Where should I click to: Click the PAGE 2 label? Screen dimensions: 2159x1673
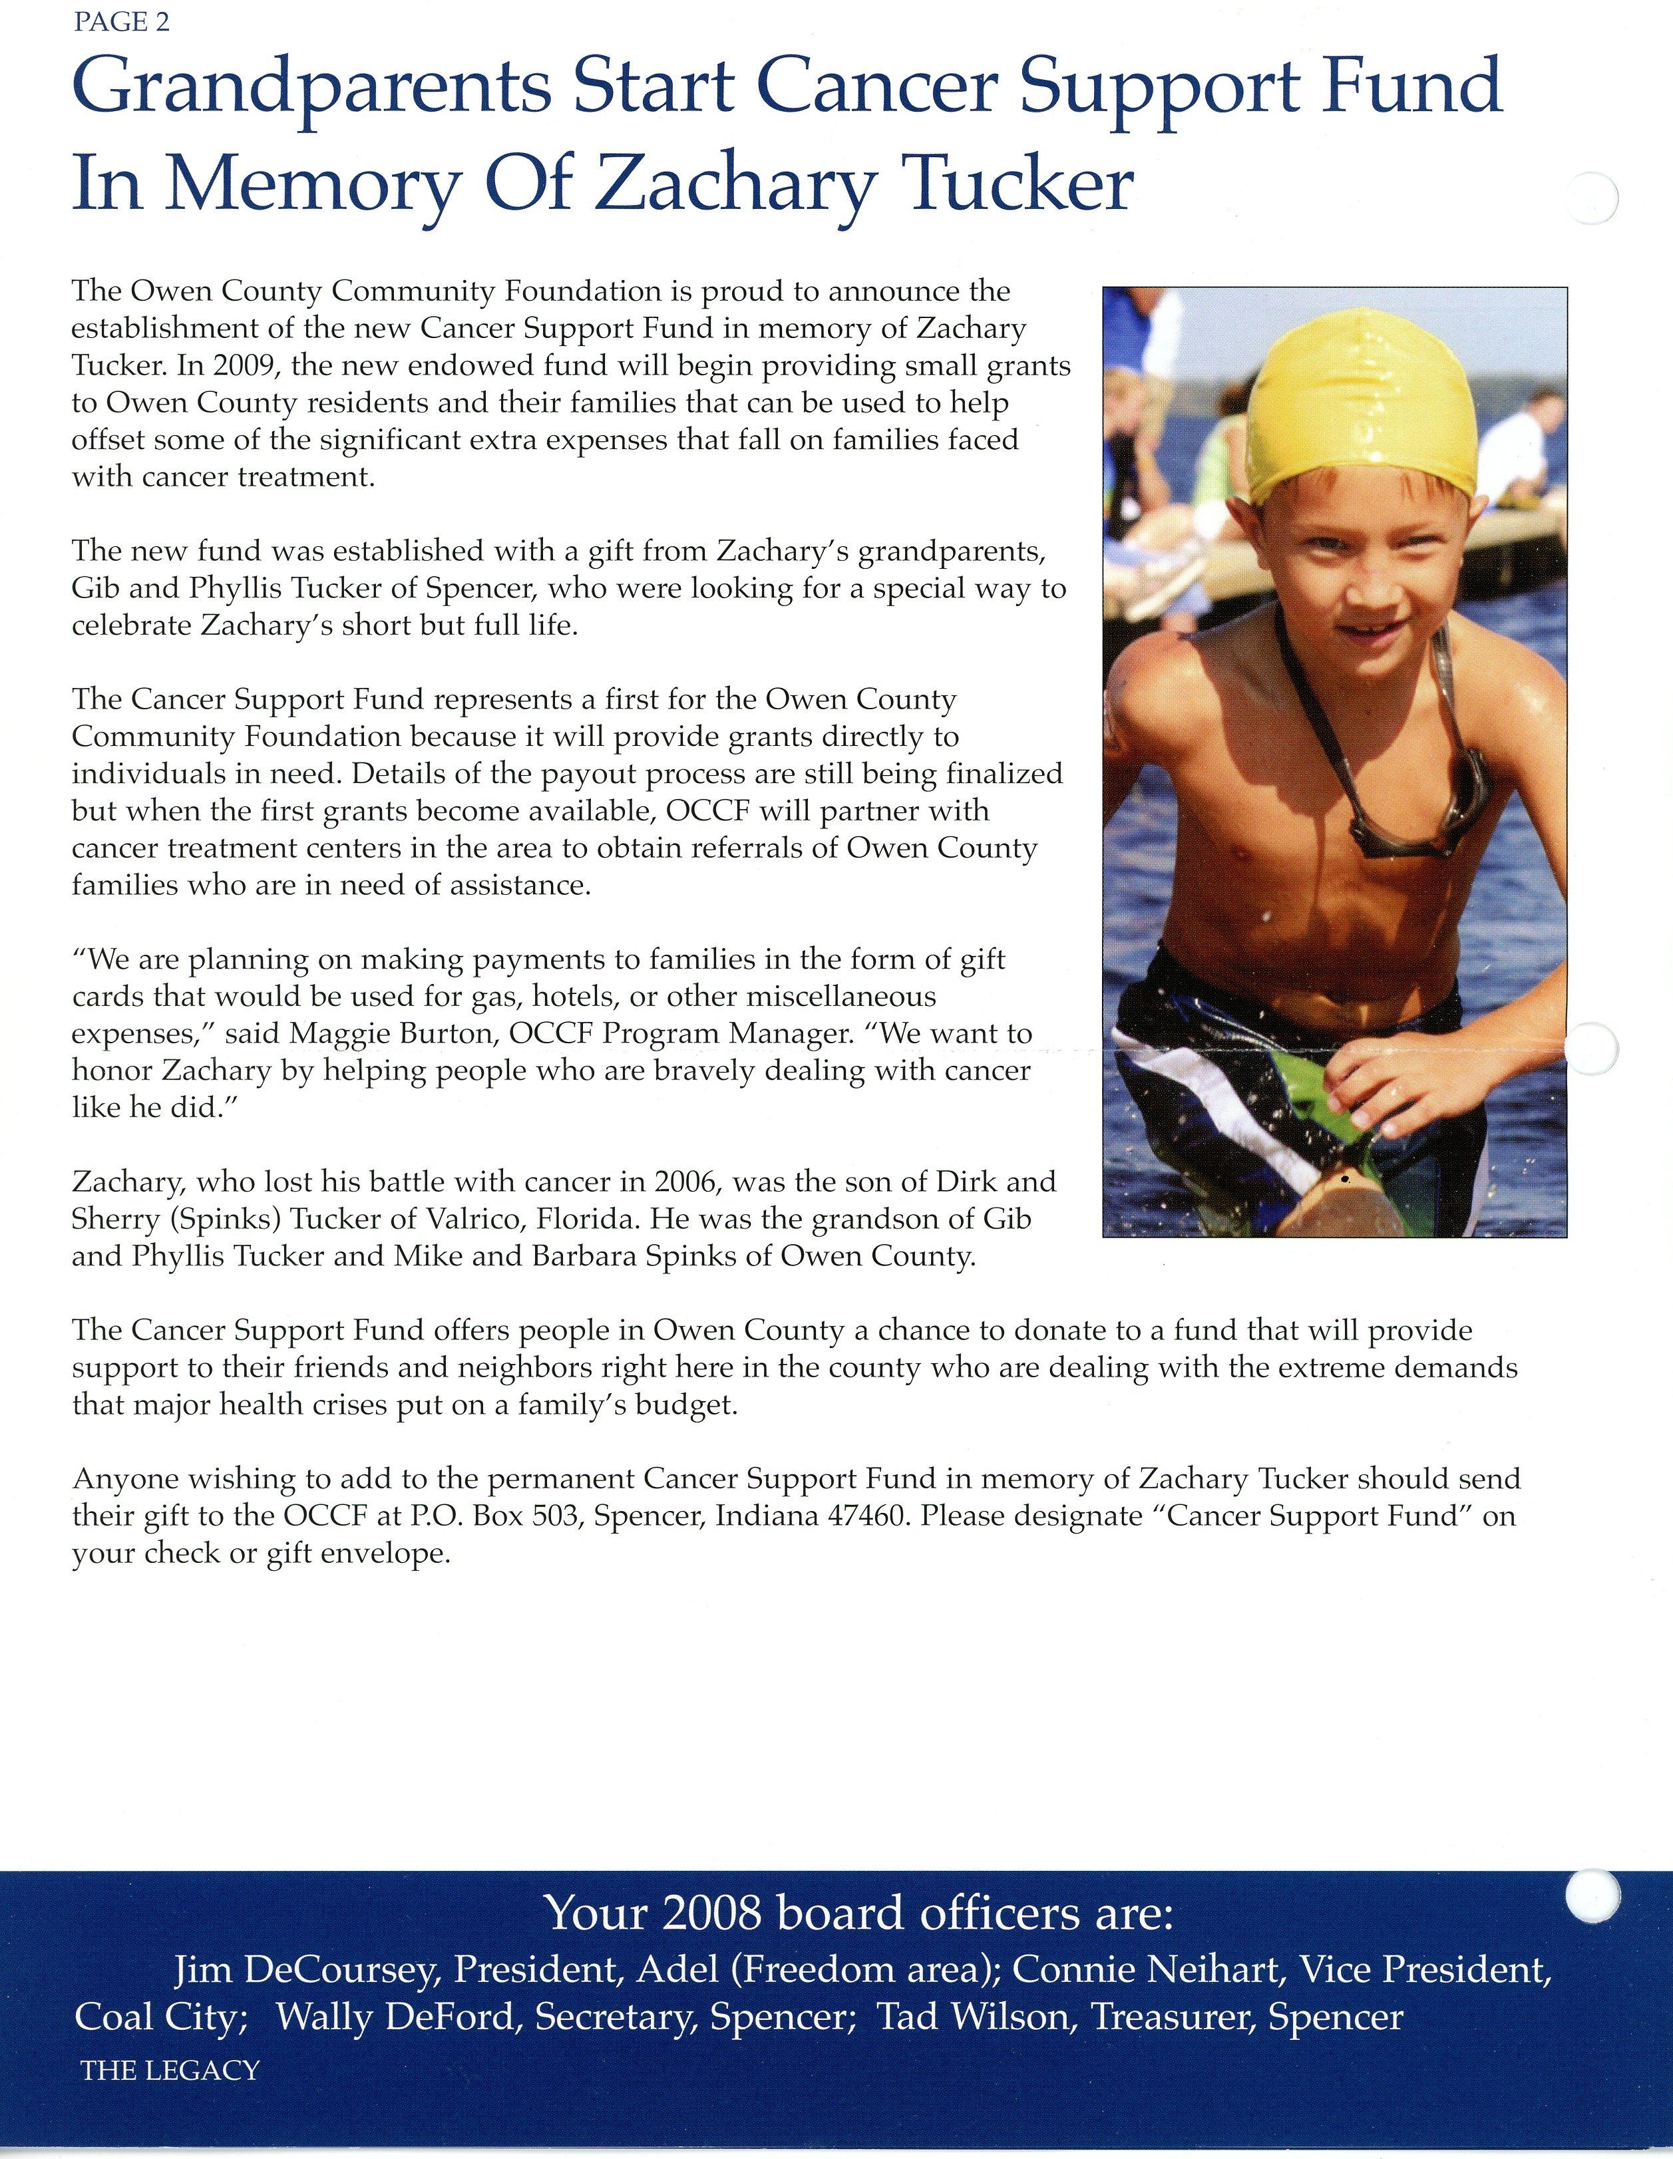[120, 23]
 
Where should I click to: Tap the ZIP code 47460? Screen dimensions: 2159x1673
[867, 1516]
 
